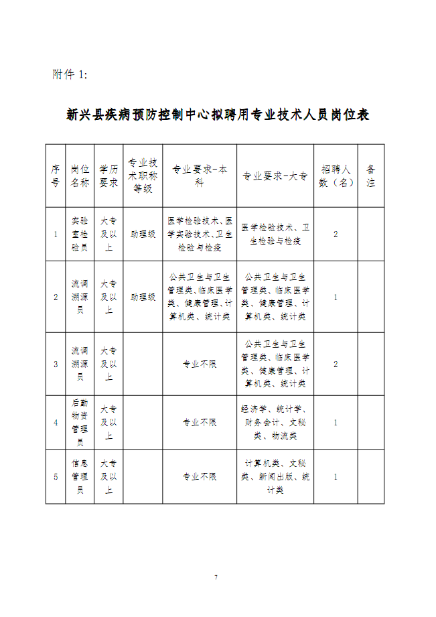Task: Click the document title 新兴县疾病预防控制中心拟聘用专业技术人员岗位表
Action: (218, 115)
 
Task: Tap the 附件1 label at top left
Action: (70, 74)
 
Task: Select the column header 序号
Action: (56, 176)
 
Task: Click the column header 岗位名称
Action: (79, 176)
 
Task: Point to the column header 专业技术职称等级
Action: (143, 176)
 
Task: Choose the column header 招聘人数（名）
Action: (336, 176)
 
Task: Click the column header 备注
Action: (371, 176)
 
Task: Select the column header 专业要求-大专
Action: (275, 176)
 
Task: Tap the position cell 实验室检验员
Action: (79, 234)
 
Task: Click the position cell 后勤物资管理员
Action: (79, 422)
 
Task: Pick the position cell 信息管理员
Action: (79, 476)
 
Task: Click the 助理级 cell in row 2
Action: (143, 297)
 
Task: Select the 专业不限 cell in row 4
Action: (200, 422)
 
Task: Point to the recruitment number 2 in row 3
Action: (336, 364)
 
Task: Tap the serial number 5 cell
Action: (56, 476)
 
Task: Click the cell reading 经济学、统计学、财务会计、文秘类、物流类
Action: (275, 422)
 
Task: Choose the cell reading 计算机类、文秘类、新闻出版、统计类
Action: (275, 476)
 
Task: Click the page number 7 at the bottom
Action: (216, 577)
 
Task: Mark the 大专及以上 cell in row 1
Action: (108, 234)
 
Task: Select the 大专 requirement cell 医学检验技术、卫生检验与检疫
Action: (275, 234)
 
